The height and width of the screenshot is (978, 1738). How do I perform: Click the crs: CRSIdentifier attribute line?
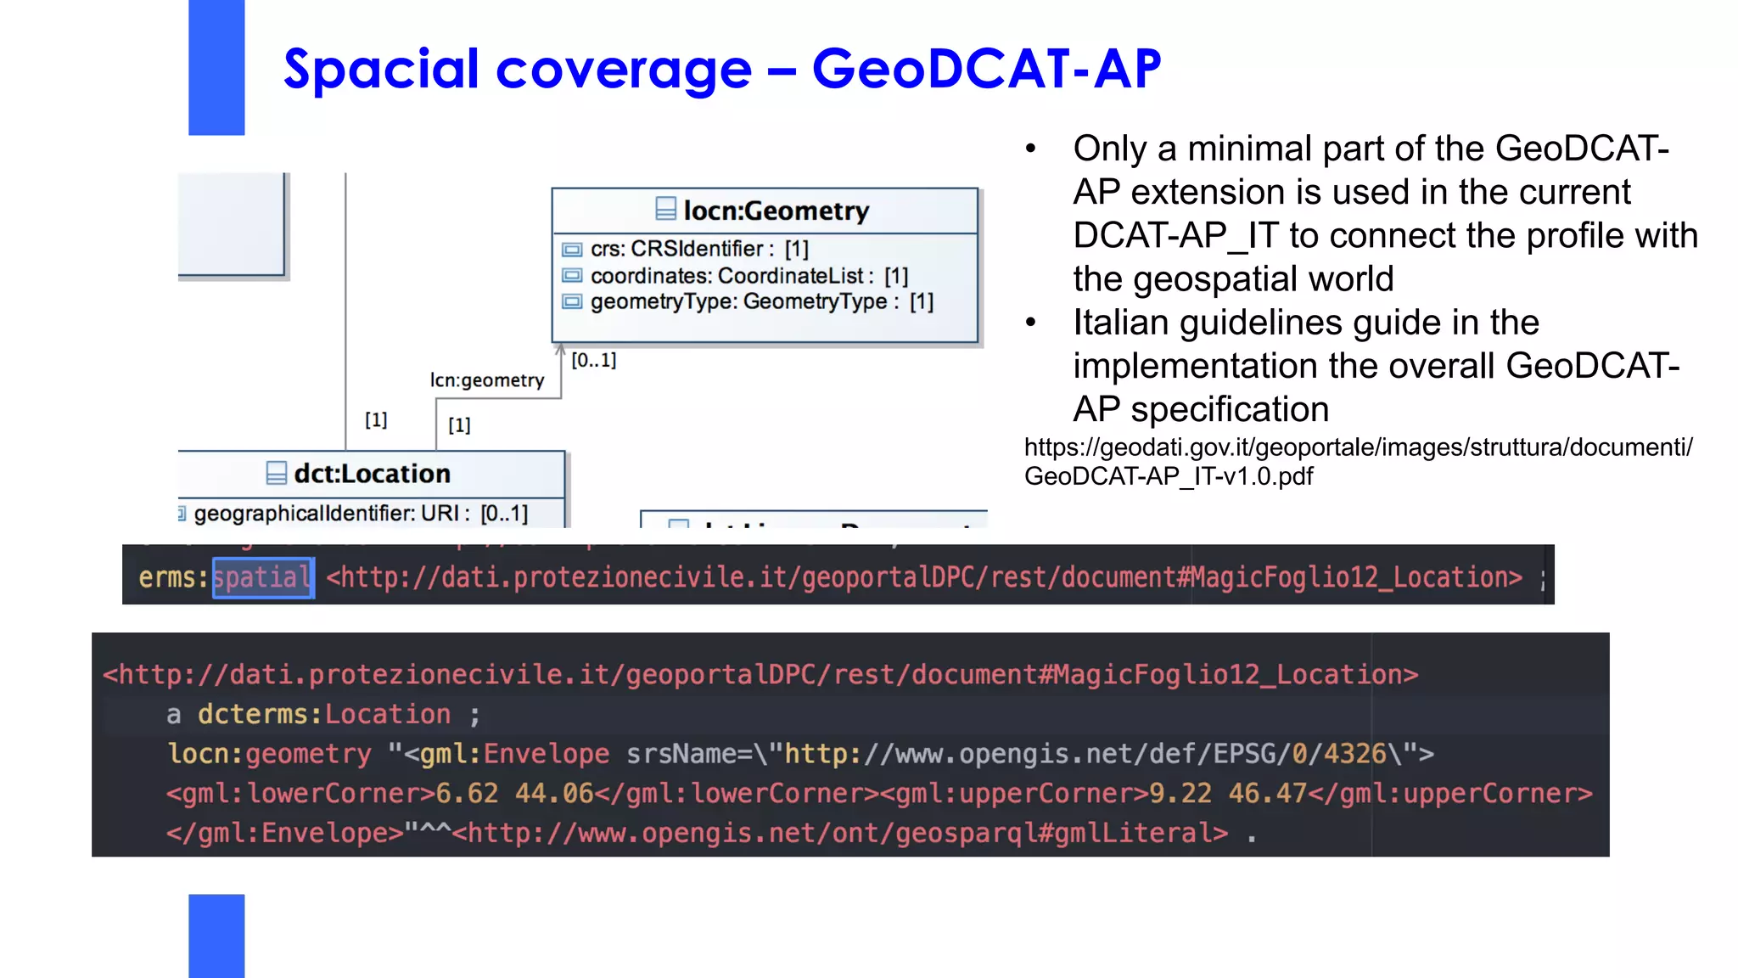tap(698, 249)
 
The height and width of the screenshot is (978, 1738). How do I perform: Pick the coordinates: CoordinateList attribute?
tap(748, 276)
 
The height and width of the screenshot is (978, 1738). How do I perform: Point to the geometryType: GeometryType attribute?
tap(761, 302)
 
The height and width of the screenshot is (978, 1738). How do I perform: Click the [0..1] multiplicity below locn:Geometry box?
tap(594, 360)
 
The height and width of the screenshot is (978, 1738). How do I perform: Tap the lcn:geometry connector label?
tap(487, 380)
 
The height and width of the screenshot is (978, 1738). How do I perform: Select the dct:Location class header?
tap(372, 474)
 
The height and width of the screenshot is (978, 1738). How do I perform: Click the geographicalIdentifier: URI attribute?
tap(360, 514)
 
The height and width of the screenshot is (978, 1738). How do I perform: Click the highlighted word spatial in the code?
tap(262, 578)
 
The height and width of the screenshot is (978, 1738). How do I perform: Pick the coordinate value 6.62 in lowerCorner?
tap(467, 794)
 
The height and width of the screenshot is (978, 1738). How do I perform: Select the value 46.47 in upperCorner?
tap(1267, 794)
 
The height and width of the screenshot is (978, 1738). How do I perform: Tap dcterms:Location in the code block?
tap(324, 715)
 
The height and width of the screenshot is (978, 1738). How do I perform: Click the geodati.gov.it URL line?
tap(1358, 447)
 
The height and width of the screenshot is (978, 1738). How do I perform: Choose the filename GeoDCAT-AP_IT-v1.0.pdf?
tap(1169, 476)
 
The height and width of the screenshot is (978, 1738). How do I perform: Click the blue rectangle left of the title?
tap(216, 67)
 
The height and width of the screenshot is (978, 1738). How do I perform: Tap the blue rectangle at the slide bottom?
tap(216, 936)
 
